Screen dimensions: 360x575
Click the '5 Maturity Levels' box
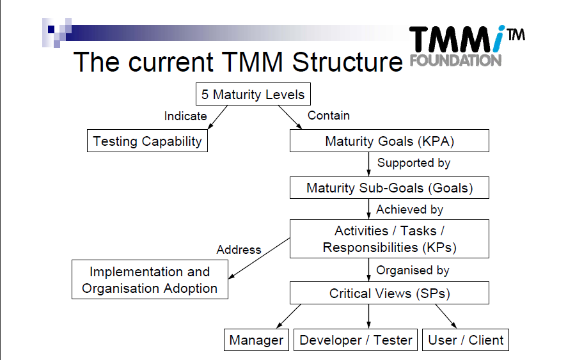pos(253,95)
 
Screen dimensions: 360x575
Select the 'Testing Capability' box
pos(147,141)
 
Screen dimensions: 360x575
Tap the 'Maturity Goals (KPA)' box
pos(389,141)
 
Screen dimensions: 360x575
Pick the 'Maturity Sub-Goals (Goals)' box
pos(389,188)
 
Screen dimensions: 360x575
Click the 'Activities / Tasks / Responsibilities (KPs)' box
pos(389,239)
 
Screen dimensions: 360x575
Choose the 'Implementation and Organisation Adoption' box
pos(150,280)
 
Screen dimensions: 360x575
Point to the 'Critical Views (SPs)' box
pos(389,293)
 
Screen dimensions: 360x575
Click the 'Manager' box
pos(256,340)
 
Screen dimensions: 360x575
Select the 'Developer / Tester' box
pos(356,340)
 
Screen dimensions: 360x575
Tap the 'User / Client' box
pos(466,340)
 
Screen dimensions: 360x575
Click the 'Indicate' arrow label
pos(185,116)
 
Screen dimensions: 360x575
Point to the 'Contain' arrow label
pos(329,116)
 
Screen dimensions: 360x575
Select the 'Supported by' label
pos(414,163)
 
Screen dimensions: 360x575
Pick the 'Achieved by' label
pos(409,209)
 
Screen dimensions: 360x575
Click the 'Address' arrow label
pos(239,250)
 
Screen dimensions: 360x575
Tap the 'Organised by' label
pos(413,270)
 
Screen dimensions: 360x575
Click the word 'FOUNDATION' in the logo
pos(455,61)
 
